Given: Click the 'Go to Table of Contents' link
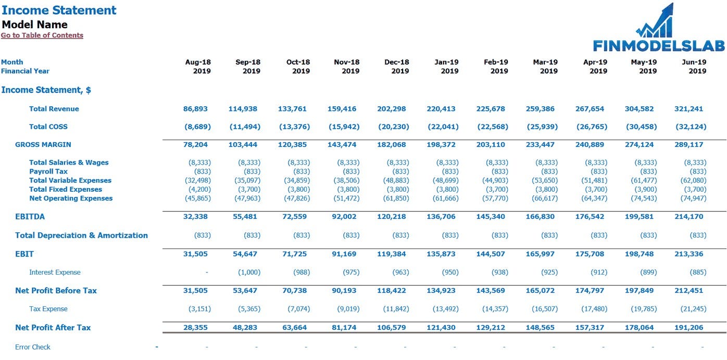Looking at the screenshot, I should pos(42,35).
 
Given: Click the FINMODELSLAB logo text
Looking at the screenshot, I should pos(659,46).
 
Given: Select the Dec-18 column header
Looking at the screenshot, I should pos(397,62).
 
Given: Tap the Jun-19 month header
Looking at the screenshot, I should pos(694,62).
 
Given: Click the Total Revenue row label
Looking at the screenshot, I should pos(54,109).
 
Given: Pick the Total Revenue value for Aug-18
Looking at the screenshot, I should pos(195,109).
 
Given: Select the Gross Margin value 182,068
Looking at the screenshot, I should pos(393,145).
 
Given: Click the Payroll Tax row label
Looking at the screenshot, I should pos(48,171).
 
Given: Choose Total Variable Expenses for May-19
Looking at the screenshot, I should pos(641,180).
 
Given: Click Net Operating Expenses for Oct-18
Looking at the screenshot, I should pos(298,198).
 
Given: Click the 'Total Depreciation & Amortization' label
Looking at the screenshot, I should pos(81,235).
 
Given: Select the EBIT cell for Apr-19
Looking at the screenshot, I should pos(590,254).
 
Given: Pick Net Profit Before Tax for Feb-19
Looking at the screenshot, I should pos(491,291).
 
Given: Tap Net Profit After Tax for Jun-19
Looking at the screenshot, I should pos(688,328).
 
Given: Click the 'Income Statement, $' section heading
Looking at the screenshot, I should pos(46,90).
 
